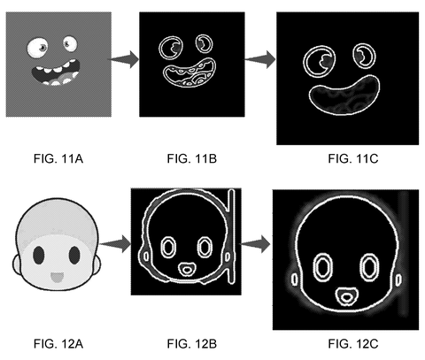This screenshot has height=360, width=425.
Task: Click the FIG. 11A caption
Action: coord(58,158)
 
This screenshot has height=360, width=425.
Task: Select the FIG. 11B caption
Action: coord(192,158)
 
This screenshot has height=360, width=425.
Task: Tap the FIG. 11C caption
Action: coord(353,158)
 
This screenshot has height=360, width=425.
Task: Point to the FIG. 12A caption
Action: coord(58,344)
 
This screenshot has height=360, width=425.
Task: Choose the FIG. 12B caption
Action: coord(192,344)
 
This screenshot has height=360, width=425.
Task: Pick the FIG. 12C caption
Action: coord(353,344)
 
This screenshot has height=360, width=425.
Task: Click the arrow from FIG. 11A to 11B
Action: coord(124,59)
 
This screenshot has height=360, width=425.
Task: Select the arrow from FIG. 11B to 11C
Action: coord(260,59)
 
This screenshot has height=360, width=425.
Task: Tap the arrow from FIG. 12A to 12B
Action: coord(115,244)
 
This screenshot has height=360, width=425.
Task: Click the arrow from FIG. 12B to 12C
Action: coord(255,244)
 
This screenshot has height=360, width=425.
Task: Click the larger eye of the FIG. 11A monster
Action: coord(37,48)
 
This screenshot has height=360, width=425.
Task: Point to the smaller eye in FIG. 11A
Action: coord(70,43)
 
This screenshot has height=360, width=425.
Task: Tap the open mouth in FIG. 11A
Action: coord(56,73)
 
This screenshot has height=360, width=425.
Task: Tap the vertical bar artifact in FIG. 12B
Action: coord(232,236)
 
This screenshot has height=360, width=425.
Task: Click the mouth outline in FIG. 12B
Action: coord(187,269)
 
